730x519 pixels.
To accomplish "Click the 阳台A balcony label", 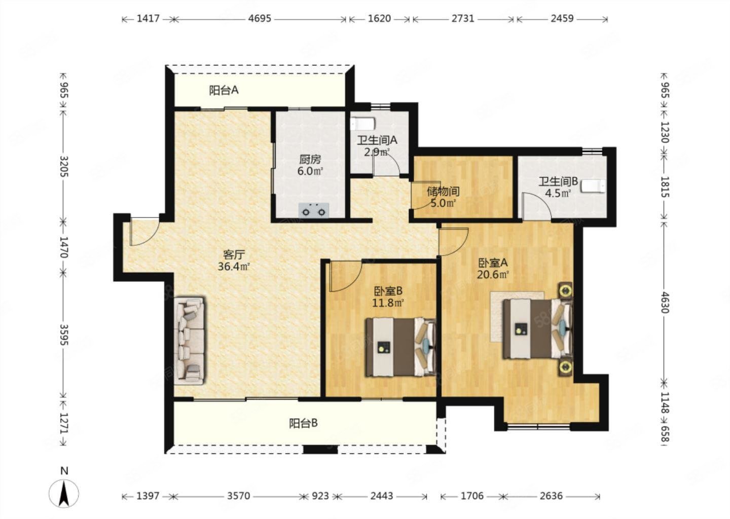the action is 224,90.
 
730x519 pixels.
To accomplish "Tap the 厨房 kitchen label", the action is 310,159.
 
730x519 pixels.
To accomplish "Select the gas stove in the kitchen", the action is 313,210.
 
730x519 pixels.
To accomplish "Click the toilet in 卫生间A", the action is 363,124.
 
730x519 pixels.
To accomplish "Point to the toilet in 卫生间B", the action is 594,186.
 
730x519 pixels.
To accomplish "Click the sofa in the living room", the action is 190,341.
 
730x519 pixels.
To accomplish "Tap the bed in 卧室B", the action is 401,347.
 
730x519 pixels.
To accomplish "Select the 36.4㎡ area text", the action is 234,267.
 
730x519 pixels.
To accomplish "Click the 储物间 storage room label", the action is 443,192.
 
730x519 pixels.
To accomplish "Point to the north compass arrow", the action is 64,493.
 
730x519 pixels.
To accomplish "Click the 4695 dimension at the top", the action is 260,18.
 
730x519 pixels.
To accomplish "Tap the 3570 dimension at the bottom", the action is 239,496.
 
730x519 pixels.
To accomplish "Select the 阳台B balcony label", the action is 303,423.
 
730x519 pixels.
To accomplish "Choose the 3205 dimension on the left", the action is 64,166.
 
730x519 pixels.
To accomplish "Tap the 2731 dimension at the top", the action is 463,18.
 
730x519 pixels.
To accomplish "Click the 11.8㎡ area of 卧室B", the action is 388,303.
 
